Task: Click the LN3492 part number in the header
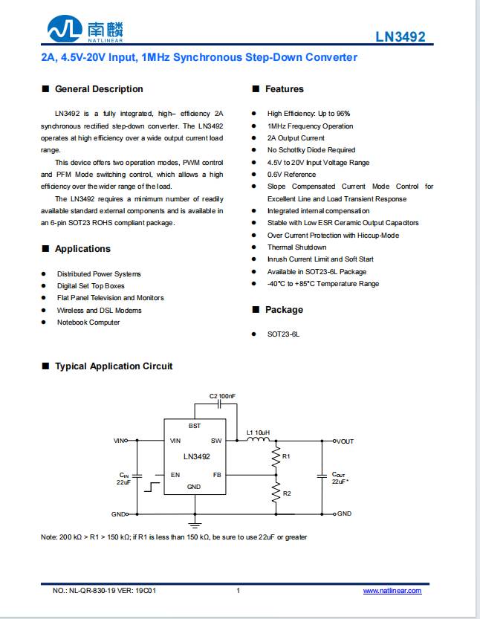pos(400,36)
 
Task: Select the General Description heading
pos(99,89)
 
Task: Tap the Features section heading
pos(285,89)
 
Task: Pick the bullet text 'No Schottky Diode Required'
pos(311,150)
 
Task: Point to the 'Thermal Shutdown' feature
pos(296,247)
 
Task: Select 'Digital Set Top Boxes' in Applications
pos(91,286)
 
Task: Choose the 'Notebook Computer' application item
pos(88,323)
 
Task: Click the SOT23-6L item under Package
pos(283,334)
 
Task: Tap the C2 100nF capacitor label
pos(222,396)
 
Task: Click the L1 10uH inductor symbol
pos(259,441)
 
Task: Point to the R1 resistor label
pos(287,456)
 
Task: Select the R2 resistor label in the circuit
pos(287,493)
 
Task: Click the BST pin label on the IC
pos(195,426)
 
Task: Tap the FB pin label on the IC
pos(217,474)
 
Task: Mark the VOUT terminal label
pos(345,441)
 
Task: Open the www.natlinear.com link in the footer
pos(392,591)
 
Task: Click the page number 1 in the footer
pos(238,591)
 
